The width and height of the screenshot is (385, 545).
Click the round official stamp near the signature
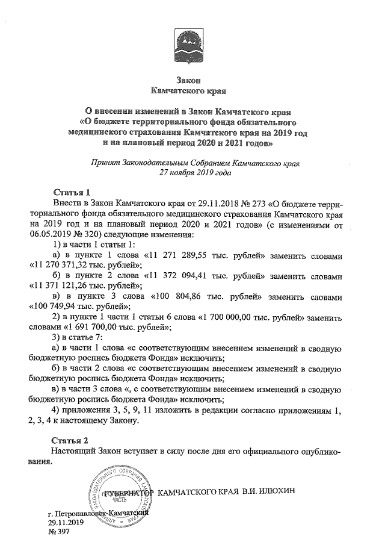[x=121, y=494]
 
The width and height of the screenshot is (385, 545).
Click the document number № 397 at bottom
[x=59, y=532]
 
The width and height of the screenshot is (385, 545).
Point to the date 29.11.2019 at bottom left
[x=67, y=523]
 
